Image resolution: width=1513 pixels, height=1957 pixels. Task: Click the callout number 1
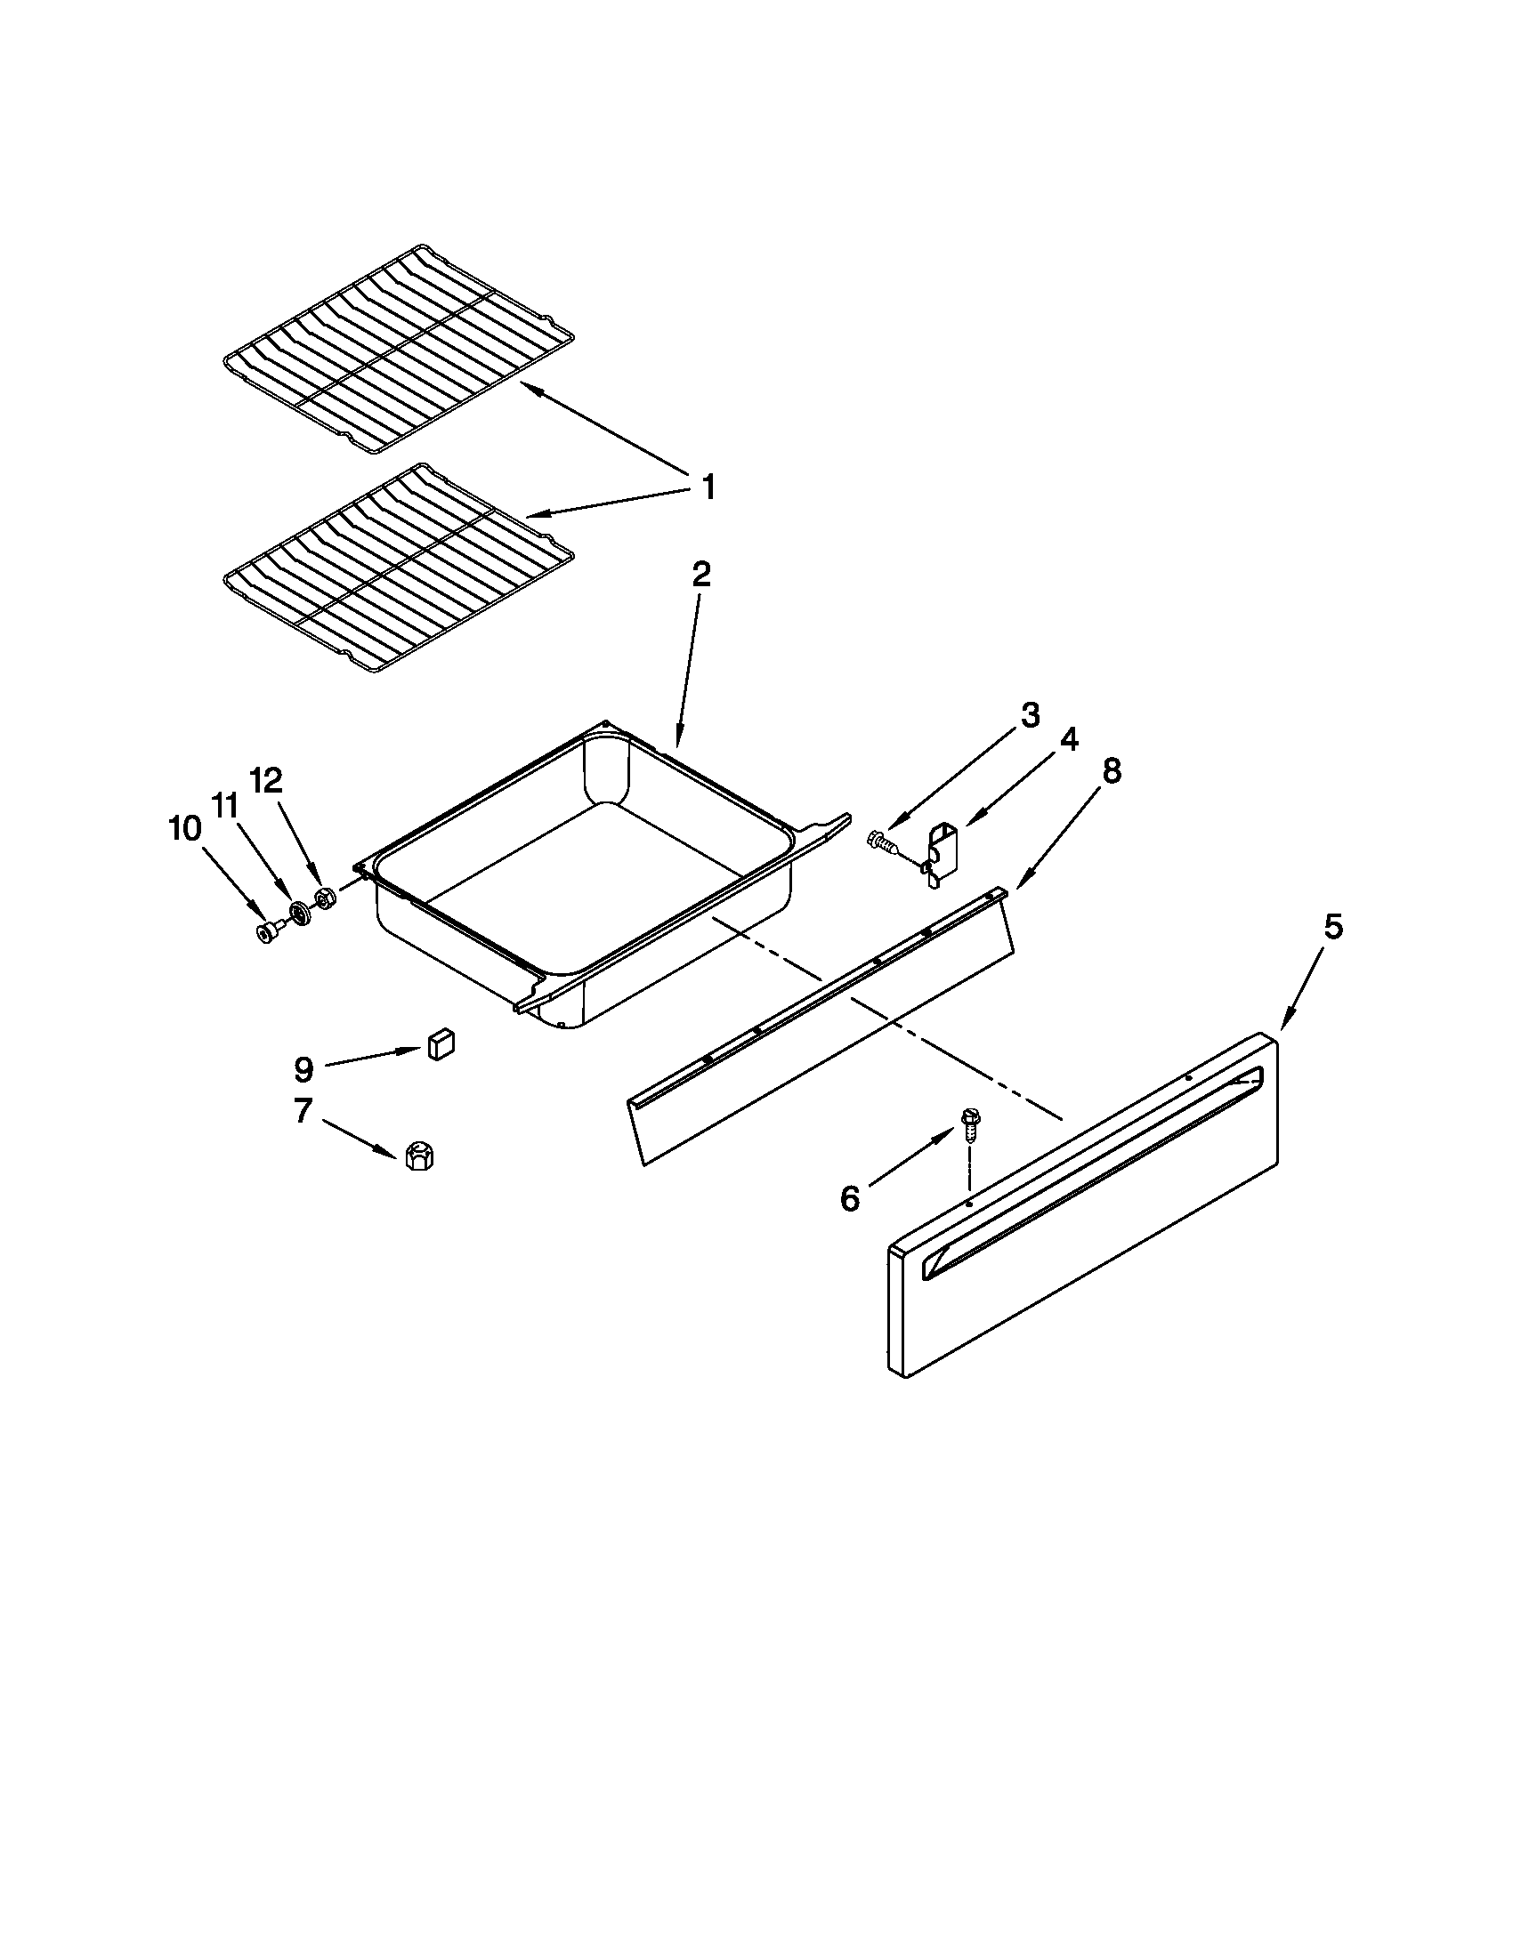(x=708, y=488)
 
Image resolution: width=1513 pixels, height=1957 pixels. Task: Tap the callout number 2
(x=701, y=575)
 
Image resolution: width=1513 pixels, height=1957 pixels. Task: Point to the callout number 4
(x=1068, y=739)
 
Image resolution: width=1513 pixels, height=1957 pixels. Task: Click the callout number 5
(x=1334, y=928)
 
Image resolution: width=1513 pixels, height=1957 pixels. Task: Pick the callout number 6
(x=850, y=1198)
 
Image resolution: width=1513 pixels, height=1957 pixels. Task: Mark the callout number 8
(x=1111, y=770)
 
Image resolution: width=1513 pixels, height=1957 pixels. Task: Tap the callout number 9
(x=303, y=1068)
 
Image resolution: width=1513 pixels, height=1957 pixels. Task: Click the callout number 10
(x=184, y=829)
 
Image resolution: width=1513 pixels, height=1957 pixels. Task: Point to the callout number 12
(x=266, y=780)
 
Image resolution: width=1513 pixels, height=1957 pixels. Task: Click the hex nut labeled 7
(x=417, y=1156)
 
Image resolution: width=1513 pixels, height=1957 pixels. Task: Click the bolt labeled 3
(x=882, y=842)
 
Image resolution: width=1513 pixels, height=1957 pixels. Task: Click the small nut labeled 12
(x=326, y=898)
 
